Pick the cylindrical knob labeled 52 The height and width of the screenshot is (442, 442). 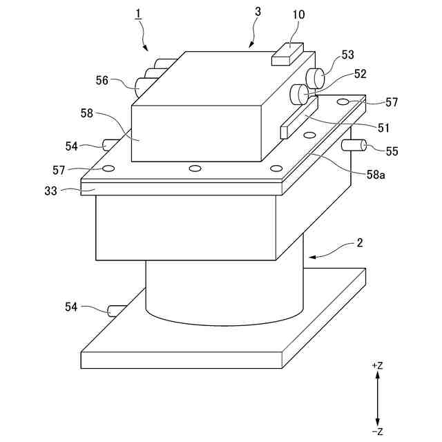pos(300,93)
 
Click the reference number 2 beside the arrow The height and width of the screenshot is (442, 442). pos(359,243)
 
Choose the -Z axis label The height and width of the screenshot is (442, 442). pos(377,432)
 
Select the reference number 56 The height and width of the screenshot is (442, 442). pos(102,81)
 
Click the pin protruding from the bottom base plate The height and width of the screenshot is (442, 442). pos(115,309)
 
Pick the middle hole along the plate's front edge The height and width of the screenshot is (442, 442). pos(195,168)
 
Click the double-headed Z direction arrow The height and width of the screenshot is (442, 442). pos(377,398)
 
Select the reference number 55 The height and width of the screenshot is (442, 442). pos(392,151)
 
